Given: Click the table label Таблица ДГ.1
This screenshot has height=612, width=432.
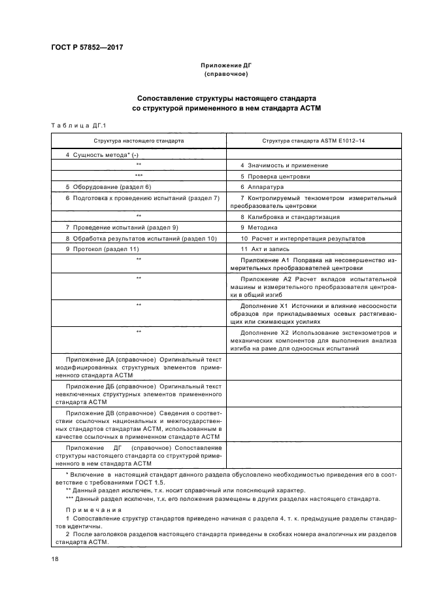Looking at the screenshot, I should point(73,126).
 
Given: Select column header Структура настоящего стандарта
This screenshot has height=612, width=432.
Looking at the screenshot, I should point(139,140).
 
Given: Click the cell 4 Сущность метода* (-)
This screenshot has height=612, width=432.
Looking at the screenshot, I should point(99,154).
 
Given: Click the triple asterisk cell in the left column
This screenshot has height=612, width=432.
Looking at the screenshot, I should point(139,176).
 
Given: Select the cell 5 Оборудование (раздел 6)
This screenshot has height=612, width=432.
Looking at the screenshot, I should point(108,186).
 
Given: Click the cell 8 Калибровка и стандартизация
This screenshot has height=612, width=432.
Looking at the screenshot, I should point(290,216).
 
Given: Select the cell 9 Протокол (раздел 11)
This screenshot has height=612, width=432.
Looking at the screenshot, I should point(103,248).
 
